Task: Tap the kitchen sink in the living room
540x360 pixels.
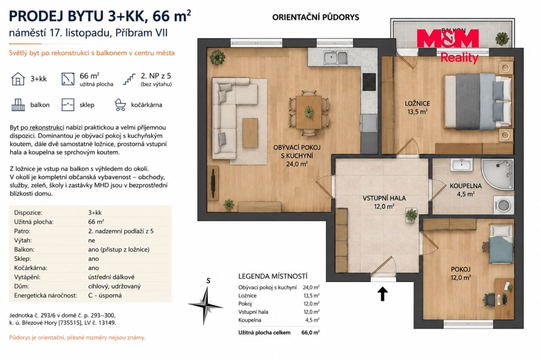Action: [x=336, y=58]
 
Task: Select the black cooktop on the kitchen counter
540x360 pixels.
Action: [x=369, y=82]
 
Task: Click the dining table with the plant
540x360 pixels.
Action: [x=309, y=112]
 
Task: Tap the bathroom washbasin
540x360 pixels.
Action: [x=462, y=165]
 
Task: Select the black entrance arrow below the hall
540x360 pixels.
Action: [x=383, y=294]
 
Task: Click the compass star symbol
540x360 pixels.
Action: [x=205, y=306]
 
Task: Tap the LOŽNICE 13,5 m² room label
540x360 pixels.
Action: [x=417, y=108]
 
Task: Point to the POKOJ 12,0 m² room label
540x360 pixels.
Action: [x=460, y=273]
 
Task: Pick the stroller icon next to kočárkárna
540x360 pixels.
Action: [x=120, y=105]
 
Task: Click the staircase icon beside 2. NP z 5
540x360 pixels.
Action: [x=129, y=80]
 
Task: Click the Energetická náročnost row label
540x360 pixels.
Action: [x=46, y=295]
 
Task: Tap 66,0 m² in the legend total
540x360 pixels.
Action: [x=311, y=332]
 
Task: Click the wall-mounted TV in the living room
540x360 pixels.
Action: [x=214, y=183]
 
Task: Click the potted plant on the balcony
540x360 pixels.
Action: [x=502, y=39]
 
